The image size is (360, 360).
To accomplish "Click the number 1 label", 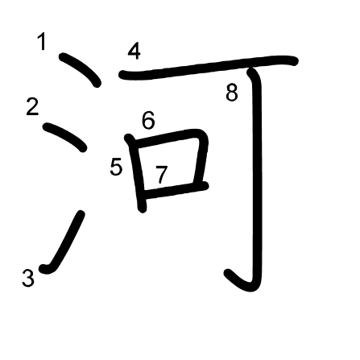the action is click(x=42, y=41).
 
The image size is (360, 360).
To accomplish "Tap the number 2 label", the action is click(x=32, y=107).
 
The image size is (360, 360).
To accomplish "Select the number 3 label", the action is click(x=28, y=278).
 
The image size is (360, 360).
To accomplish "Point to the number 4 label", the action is click(x=134, y=52).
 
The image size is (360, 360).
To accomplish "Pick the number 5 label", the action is click(x=116, y=167).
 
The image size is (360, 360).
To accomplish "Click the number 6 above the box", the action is click(x=148, y=120).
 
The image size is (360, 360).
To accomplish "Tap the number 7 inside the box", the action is click(x=162, y=175).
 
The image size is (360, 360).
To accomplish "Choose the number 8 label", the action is click(x=232, y=93).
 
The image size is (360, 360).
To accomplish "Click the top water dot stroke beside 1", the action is click(x=81, y=69).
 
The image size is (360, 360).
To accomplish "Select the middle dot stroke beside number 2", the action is click(x=65, y=136).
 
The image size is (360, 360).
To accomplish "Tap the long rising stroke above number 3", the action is click(x=64, y=244).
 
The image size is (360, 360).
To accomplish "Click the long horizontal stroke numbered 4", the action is click(x=209, y=67).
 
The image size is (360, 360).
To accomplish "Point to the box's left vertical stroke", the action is click(x=136, y=173).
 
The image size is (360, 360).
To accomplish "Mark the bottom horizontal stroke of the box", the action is click(x=175, y=190).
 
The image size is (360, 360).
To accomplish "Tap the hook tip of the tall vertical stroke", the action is click(x=228, y=273).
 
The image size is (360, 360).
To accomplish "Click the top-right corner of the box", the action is click(x=204, y=134).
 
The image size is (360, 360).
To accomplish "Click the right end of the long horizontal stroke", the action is click(x=295, y=61).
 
